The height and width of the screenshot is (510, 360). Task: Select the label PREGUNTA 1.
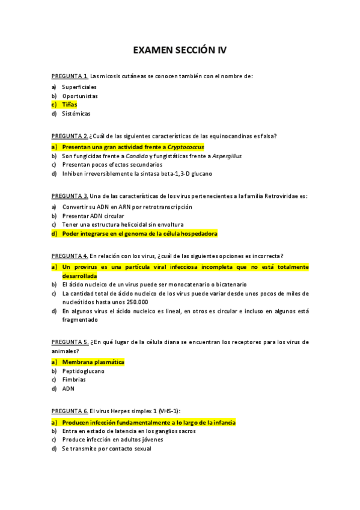coord(70,76)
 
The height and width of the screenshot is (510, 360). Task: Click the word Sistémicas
coord(76,114)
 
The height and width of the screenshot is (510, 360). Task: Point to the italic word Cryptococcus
coord(186,147)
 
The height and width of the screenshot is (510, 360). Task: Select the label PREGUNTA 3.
coord(70,196)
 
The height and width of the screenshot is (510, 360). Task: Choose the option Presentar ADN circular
coord(93,216)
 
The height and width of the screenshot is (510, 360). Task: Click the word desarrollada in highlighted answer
coord(79,275)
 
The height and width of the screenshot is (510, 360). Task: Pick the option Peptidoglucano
coord(83,371)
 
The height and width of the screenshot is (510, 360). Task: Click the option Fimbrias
coord(74,380)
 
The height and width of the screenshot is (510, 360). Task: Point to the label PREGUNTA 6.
coord(70,411)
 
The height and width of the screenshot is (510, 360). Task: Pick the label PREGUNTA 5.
coord(70,342)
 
